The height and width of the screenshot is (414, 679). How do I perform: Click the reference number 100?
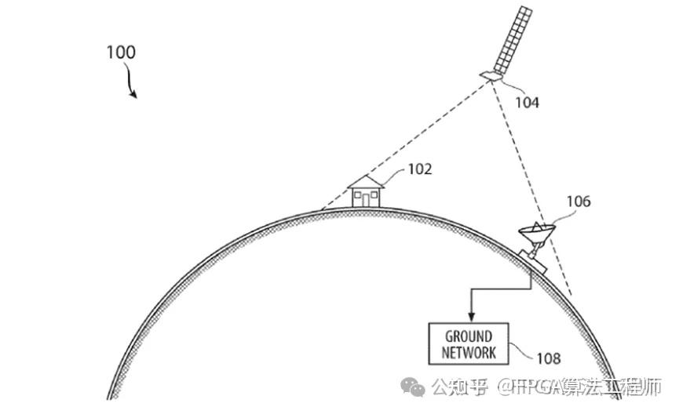(x=121, y=53)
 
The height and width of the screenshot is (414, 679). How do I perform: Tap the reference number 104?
(x=527, y=101)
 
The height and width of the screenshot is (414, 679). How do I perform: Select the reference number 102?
(x=419, y=168)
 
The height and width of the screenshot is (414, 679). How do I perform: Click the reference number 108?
(x=549, y=358)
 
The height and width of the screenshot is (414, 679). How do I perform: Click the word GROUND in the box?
(x=469, y=337)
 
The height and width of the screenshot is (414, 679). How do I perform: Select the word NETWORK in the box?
(x=469, y=353)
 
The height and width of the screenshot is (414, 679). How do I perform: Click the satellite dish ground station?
(x=536, y=238)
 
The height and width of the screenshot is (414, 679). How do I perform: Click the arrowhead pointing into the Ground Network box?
(x=469, y=318)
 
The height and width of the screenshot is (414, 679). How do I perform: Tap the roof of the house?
(x=365, y=181)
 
